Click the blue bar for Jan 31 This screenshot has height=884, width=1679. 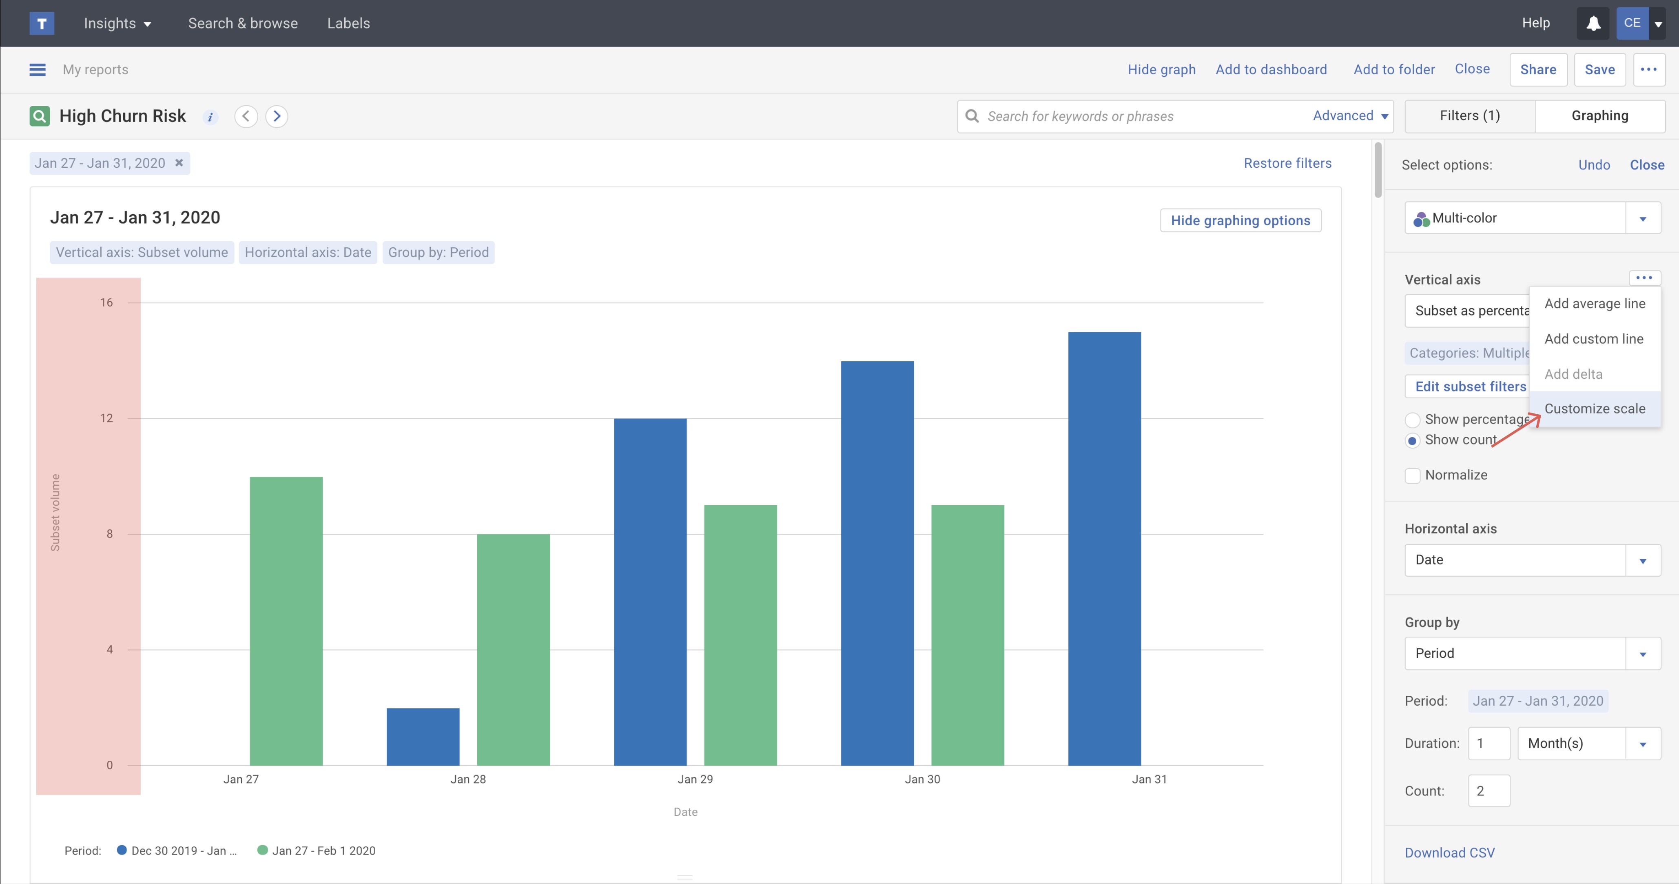1104,548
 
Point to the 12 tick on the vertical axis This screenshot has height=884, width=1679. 106,418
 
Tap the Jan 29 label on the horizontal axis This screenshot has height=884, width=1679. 695,779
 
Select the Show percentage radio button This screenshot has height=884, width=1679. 1412,420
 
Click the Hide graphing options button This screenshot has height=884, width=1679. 1240,220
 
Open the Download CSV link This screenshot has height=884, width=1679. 1450,853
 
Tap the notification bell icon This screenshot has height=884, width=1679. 1593,24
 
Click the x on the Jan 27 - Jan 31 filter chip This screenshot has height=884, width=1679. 179,163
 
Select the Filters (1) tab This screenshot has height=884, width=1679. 1470,116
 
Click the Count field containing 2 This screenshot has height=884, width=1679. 1489,791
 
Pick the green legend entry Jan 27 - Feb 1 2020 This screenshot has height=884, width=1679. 317,851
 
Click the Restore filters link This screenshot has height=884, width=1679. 1287,163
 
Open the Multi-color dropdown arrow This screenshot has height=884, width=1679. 1643,218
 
